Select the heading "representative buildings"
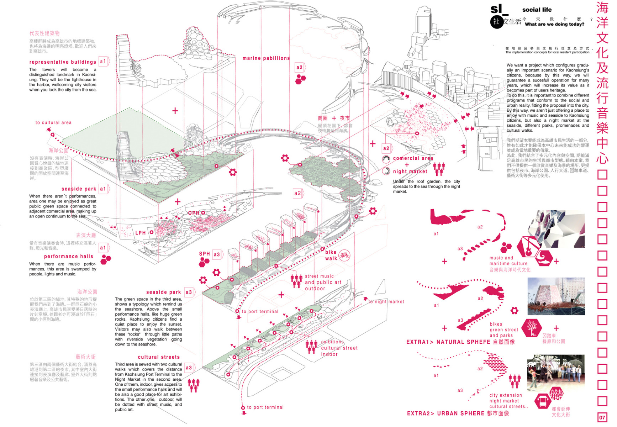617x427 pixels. [x=63, y=62]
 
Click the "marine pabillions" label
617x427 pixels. [x=266, y=58]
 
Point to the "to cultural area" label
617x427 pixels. [x=53, y=122]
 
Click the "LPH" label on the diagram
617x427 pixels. [x=141, y=233]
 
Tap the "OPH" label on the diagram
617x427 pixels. [x=194, y=213]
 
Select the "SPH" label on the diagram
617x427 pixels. [x=204, y=254]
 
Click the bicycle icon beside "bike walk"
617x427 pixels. [x=344, y=255]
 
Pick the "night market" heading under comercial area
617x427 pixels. [x=410, y=172]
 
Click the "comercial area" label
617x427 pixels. [x=413, y=158]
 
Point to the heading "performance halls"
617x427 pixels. [x=69, y=256]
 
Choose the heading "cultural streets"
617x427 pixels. [x=159, y=357]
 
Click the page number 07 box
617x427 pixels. [x=602, y=417]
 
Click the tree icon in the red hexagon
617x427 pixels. [x=532, y=328]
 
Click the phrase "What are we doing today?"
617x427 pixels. [x=554, y=24]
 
